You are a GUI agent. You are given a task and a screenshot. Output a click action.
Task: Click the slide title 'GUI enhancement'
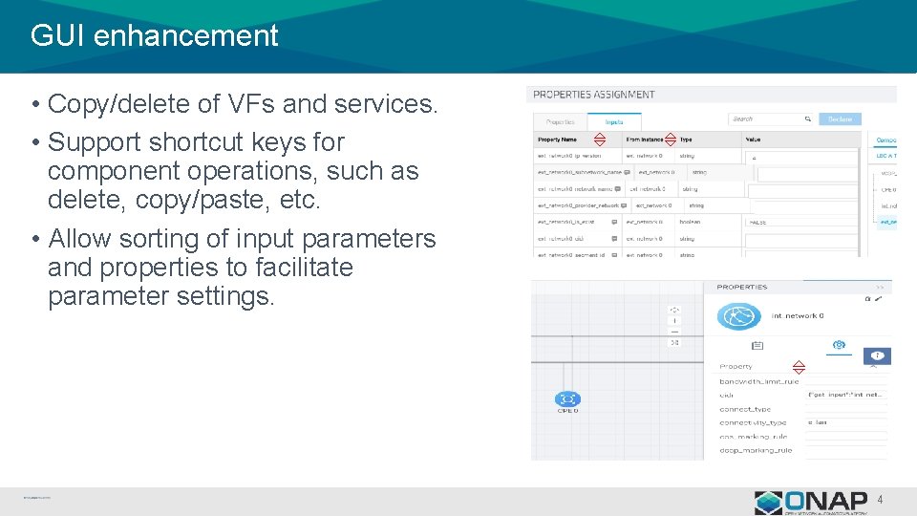[154, 36]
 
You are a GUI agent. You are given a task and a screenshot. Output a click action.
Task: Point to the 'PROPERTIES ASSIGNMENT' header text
[593, 95]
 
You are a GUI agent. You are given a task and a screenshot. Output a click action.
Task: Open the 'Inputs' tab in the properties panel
[613, 121]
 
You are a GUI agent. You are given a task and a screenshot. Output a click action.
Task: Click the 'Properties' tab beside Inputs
[560, 121]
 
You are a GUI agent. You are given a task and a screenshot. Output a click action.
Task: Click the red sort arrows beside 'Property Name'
[600, 139]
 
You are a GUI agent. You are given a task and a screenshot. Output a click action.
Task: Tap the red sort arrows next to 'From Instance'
[670, 139]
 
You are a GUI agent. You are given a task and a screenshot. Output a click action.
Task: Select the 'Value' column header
[754, 140]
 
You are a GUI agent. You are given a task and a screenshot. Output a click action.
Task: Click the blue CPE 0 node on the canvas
[567, 399]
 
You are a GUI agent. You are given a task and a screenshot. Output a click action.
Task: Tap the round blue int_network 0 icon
[737, 316]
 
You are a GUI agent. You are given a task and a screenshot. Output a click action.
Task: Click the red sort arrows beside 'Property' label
[800, 366]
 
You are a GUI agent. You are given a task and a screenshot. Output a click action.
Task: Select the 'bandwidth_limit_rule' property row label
[759, 381]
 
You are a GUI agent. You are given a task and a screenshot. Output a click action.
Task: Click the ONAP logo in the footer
[813, 503]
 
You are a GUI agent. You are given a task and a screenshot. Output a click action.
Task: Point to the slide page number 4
[880, 500]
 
